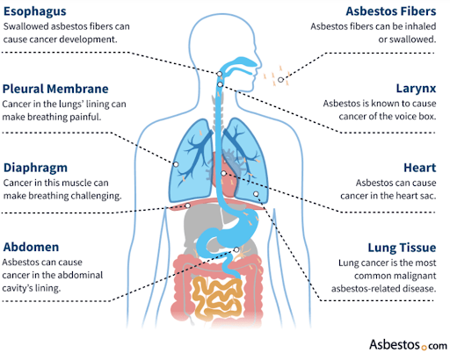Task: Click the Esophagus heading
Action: click(35, 11)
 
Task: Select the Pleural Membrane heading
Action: click(55, 89)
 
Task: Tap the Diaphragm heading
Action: click(35, 168)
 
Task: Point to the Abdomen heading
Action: click(31, 247)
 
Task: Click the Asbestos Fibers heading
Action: click(391, 11)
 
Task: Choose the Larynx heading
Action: click(416, 89)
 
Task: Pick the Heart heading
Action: click(420, 168)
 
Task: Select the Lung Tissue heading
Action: click(402, 248)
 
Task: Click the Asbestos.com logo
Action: click(408, 344)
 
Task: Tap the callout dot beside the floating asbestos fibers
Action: click(280, 80)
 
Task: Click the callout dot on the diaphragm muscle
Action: click(187, 205)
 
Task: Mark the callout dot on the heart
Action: click(223, 173)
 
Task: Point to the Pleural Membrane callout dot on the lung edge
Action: click(176, 164)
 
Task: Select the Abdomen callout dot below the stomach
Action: click(236, 249)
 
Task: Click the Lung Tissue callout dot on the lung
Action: click(256, 194)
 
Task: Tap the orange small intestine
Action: click(217, 297)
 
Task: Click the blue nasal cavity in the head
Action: click(240, 62)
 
